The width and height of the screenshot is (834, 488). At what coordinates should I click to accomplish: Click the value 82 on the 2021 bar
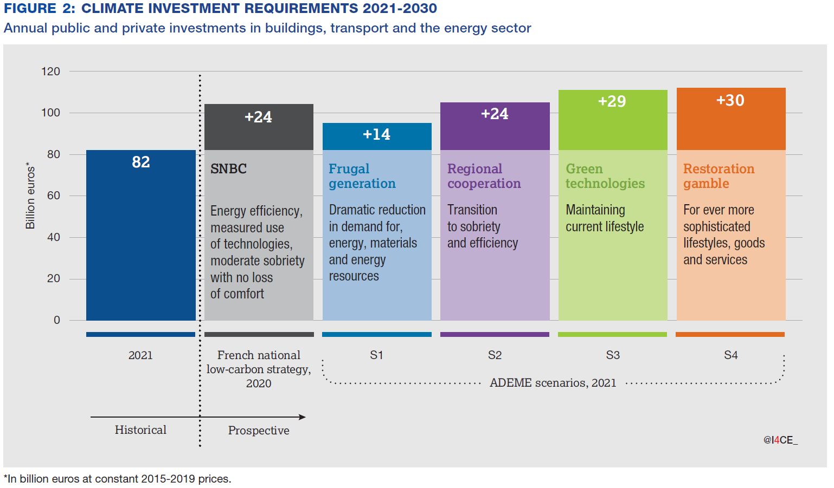(x=140, y=162)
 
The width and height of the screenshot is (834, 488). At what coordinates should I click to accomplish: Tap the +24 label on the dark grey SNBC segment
(x=258, y=117)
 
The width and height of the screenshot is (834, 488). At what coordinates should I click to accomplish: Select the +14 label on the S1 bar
(x=376, y=134)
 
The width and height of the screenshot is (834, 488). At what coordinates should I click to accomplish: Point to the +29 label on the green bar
(x=612, y=101)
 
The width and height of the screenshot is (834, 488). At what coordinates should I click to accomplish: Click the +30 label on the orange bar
(x=730, y=100)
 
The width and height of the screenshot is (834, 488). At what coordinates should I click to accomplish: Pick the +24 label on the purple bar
(x=495, y=114)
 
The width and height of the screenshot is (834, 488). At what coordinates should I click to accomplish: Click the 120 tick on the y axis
(x=50, y=71)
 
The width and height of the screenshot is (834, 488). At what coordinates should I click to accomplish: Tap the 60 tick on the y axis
(x=54, y=196)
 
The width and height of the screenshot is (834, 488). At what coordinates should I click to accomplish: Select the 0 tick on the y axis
(x=57, y=320)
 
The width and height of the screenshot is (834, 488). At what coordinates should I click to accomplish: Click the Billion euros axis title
(x=30, y=196)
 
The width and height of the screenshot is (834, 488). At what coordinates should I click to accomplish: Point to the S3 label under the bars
(x=612, y=355)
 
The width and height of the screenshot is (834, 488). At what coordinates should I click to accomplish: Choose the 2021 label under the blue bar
(x=140, y=355)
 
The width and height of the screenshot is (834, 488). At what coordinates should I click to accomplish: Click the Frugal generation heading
(x=362, y=176)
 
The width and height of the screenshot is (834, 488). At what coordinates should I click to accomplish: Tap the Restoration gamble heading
(x=718, y=176)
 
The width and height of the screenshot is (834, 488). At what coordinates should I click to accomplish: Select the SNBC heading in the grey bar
(x=228, y=169)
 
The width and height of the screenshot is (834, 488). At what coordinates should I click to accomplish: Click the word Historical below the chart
(x=140, y=430)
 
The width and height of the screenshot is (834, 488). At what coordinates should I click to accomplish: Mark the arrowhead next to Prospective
(x=302, y=417)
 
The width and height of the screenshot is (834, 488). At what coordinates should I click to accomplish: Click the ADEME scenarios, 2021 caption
(x=553, y=383)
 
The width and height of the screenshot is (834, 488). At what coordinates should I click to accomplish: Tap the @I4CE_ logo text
(x=780, y=440)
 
